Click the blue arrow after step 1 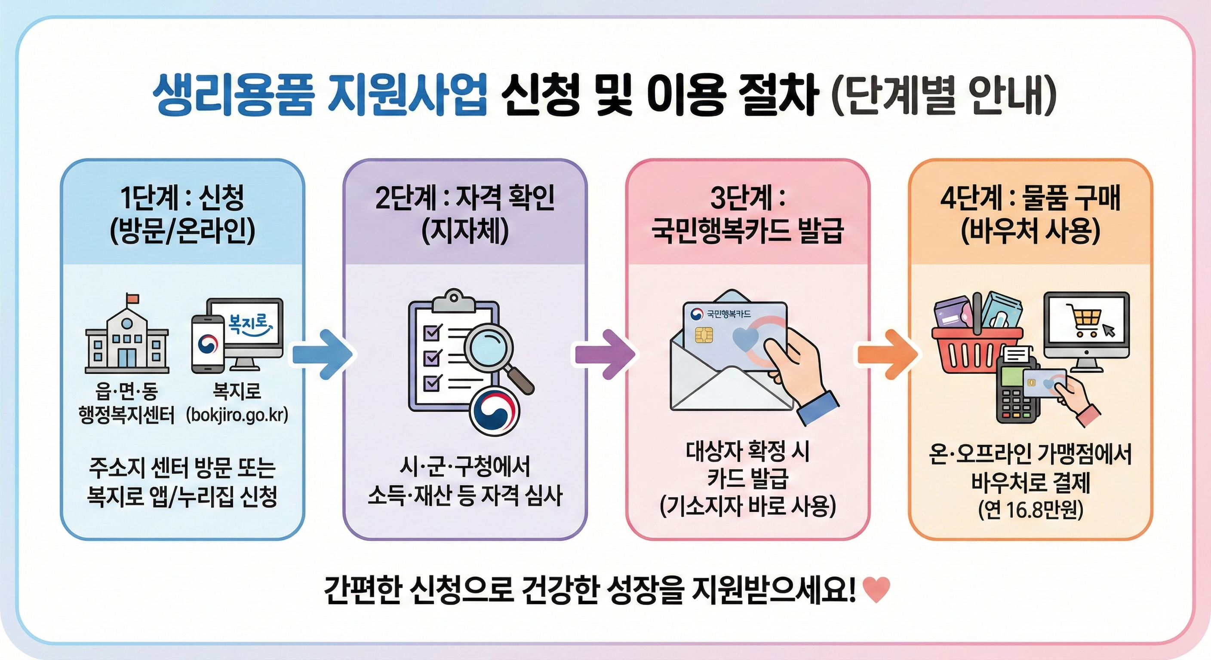tap(323, 354)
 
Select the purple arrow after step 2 tap(605, 354)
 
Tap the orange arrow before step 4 tap(887, 354)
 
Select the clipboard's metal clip tap(454, 301)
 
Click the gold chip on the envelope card tap(704, 336)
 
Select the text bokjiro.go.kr tap(237, 415)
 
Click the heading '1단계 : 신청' tap(182, 199)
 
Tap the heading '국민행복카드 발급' tap(747, 231)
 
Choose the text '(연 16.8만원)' tap(1030, 510)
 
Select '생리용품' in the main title tap(233, 98)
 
